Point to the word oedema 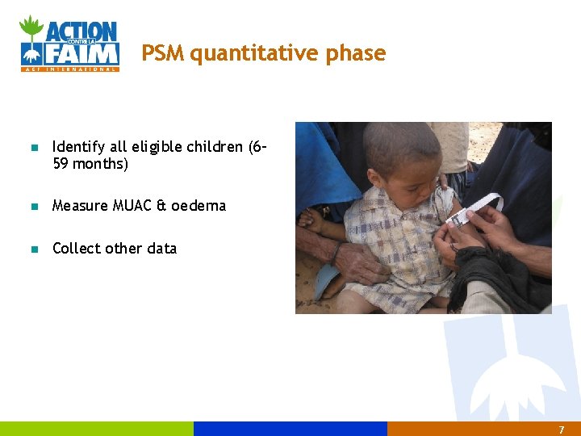pos(198,206)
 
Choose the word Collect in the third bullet pos(77,249)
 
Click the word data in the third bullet pos(161,249)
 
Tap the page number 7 pos(562,430)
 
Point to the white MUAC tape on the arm pos(475,208)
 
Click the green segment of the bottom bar pos(97,429)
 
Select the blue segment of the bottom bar pos(290,429)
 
